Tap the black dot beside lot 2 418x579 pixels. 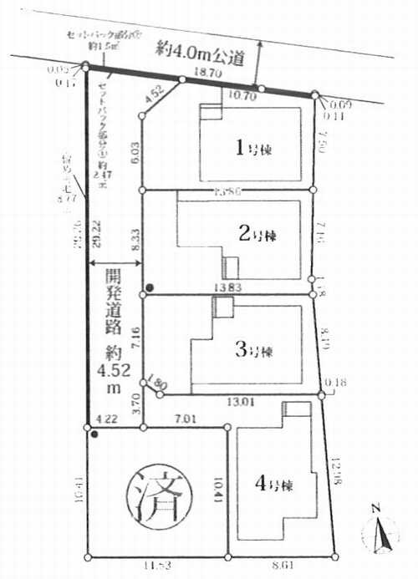(x=150, y=288)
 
